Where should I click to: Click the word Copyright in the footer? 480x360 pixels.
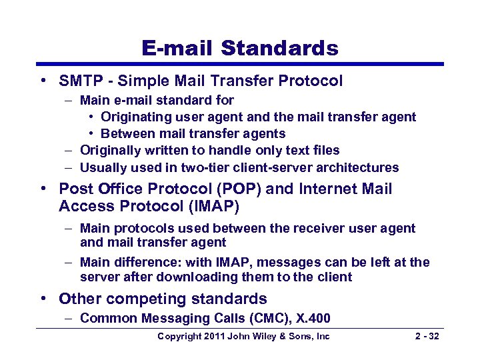coord(179,337)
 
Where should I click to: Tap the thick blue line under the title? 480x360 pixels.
coord(240,65)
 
